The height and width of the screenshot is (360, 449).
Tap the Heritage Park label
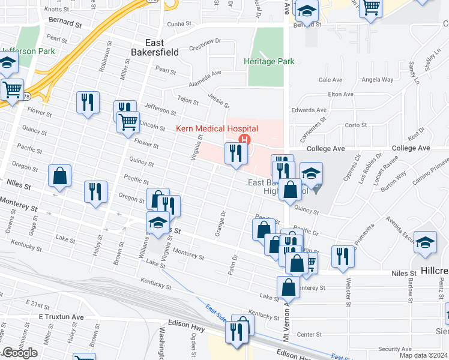(269, 61)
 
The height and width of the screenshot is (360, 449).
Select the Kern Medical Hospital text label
(217, 128)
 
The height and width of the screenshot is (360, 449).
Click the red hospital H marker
(244, 140)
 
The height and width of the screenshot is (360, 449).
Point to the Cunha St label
(178, 23)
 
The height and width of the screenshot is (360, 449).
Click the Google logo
(20, 353)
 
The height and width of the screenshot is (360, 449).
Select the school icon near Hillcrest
(425, 242)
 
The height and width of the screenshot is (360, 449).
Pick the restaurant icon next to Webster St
(343, 256)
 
